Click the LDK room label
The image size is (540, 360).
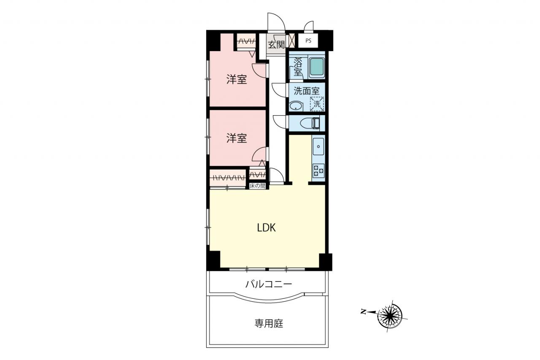point(266,227)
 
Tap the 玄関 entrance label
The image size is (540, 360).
point(276,44)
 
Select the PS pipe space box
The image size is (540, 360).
point(308,41)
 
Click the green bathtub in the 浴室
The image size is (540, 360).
point(316,67)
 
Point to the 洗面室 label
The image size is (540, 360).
point(306,91)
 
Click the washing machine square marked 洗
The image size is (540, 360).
point(317,104)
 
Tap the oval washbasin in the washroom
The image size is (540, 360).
point(296,106)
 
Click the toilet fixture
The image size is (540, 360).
point(310,123)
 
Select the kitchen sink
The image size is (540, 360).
point(318,146)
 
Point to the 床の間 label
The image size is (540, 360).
point(257,186)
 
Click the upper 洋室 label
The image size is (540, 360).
point(237,80)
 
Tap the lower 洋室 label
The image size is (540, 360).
point(237,138)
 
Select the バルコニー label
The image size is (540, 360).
point(269,284)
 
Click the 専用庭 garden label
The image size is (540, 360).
point(269,323)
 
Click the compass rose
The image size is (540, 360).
point(390,316)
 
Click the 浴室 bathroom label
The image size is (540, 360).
point(298,67)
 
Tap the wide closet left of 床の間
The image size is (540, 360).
point(228,178)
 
